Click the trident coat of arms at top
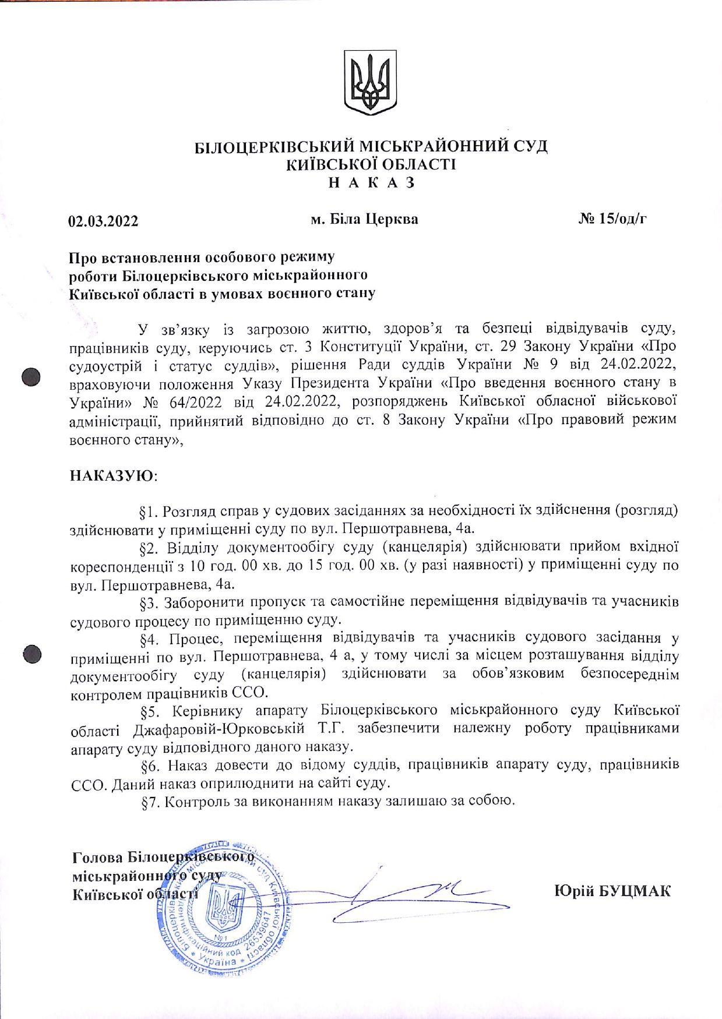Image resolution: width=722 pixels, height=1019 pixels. tap(371, 82)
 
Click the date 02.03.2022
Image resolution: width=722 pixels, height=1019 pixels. tap(103, 221)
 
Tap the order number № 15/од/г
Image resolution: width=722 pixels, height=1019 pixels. tap(612, 219)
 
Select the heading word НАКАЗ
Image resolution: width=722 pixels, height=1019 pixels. tap(371, 182)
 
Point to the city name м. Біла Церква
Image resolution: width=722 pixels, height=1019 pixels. tap(364, 220)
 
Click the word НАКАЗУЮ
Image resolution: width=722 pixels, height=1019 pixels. tap(112, 475)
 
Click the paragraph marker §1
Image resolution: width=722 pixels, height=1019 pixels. tap(149, 512)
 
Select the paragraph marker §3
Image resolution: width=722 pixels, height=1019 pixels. tap(150, 602)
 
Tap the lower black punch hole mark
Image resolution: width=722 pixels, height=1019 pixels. tap(32, 654)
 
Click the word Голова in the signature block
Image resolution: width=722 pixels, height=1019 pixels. tap(97, 858)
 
